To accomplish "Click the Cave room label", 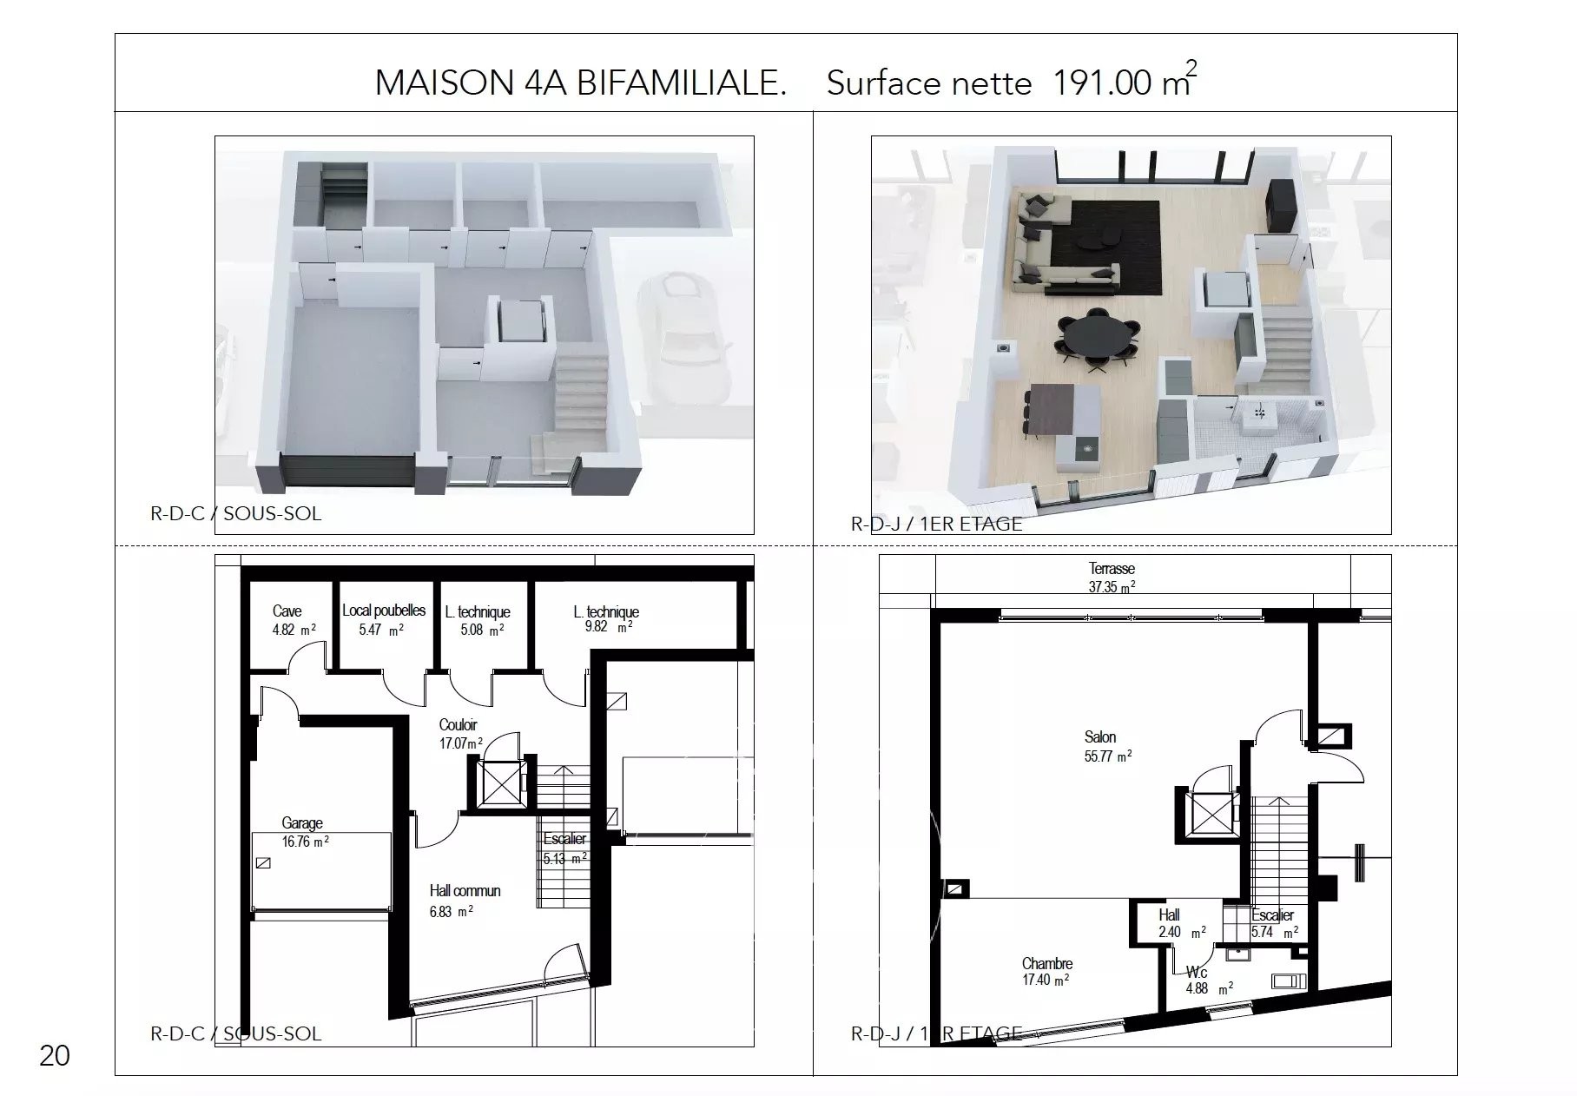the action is pyautogui.click(x=287, y=611).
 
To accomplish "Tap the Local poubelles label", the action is pyautogui.click(x=384, y=611).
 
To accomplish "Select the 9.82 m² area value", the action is pyautogui.click(x=608, y=627).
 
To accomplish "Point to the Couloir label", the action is pyautogui.click(x=458, y=725).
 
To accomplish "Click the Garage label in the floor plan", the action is pyautogui.click(x=302, y=823).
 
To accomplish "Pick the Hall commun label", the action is pyautogui.click(x=465, y=891).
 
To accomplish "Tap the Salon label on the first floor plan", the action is pyautogui.click(x=1100, y=737).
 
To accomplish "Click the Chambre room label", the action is pyautogui.click(x=1047, y=964).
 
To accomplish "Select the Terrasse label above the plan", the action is pyautogui.click(x=1112, y=569).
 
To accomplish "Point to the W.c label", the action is pyautogui.click(x=1197, y=973).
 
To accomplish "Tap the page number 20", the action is pyautogui.click(x=55, y=1056).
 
